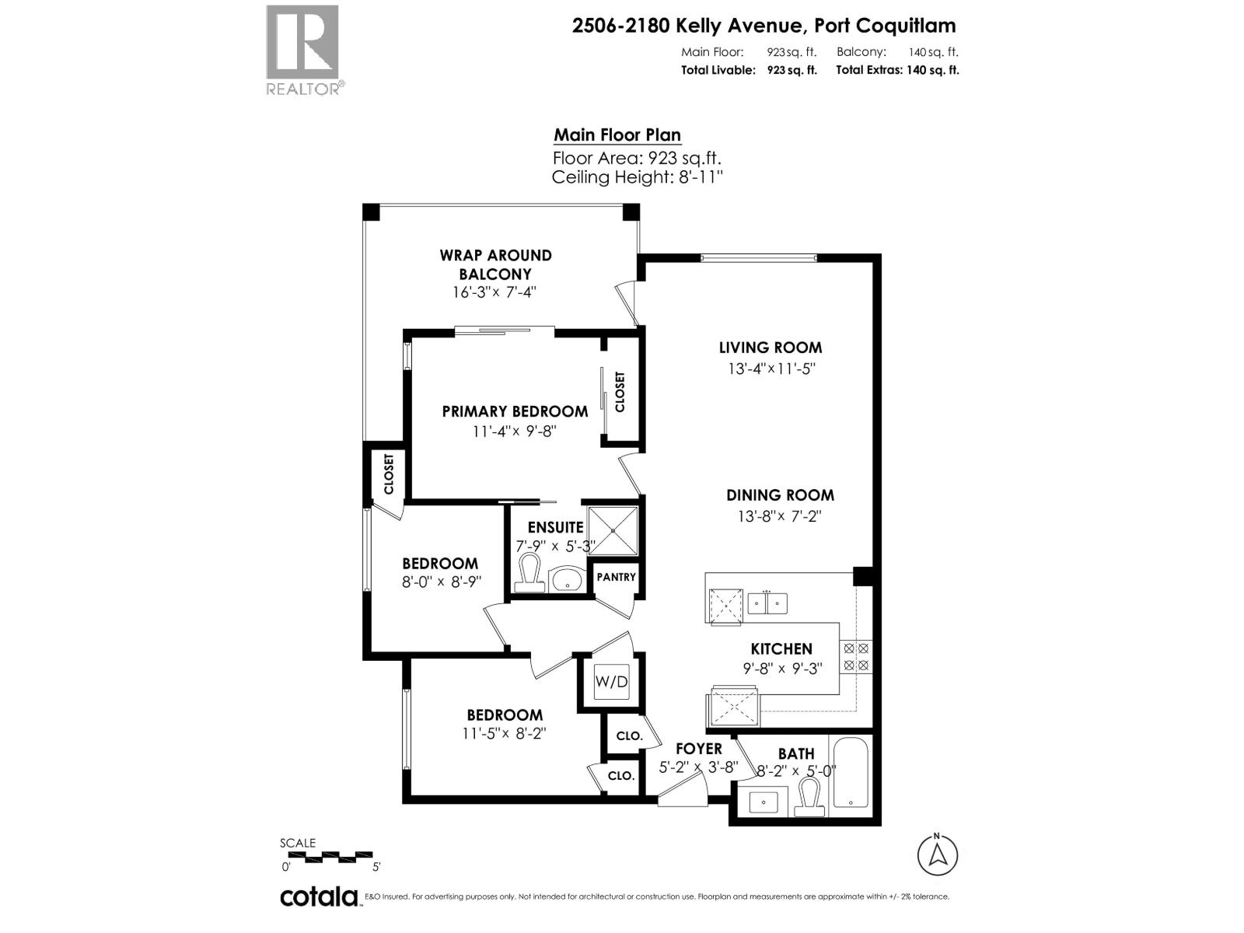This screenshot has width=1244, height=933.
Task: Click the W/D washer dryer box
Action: click(x=611, y=682)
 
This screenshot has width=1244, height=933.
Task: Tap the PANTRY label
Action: click(x=616, y=577)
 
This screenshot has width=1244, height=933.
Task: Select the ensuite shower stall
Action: click(x=613, y=530)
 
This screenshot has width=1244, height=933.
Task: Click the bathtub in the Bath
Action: click(x=852, y=772)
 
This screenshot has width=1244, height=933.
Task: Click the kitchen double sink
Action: click(x=767, y=603)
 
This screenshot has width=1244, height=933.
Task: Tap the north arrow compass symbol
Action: click(x=938, y=854)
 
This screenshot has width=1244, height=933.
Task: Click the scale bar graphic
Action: click(x=330, y=857)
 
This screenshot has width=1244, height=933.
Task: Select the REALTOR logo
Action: click(x=302, y=51)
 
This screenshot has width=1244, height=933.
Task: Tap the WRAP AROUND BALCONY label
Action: click(x=495, y=264)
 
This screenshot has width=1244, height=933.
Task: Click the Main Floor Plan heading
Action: click(x=617, y=135)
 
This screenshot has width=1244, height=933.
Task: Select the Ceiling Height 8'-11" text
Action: click(x=637, y=177)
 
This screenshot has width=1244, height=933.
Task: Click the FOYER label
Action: click(x=698, y=749)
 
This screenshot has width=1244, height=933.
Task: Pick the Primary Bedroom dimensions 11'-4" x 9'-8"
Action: click(x=515, y=431)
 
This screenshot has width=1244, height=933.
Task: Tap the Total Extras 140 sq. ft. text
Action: click(x=897, y=70)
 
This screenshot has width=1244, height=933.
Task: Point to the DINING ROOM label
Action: click(x=780, y=495)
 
